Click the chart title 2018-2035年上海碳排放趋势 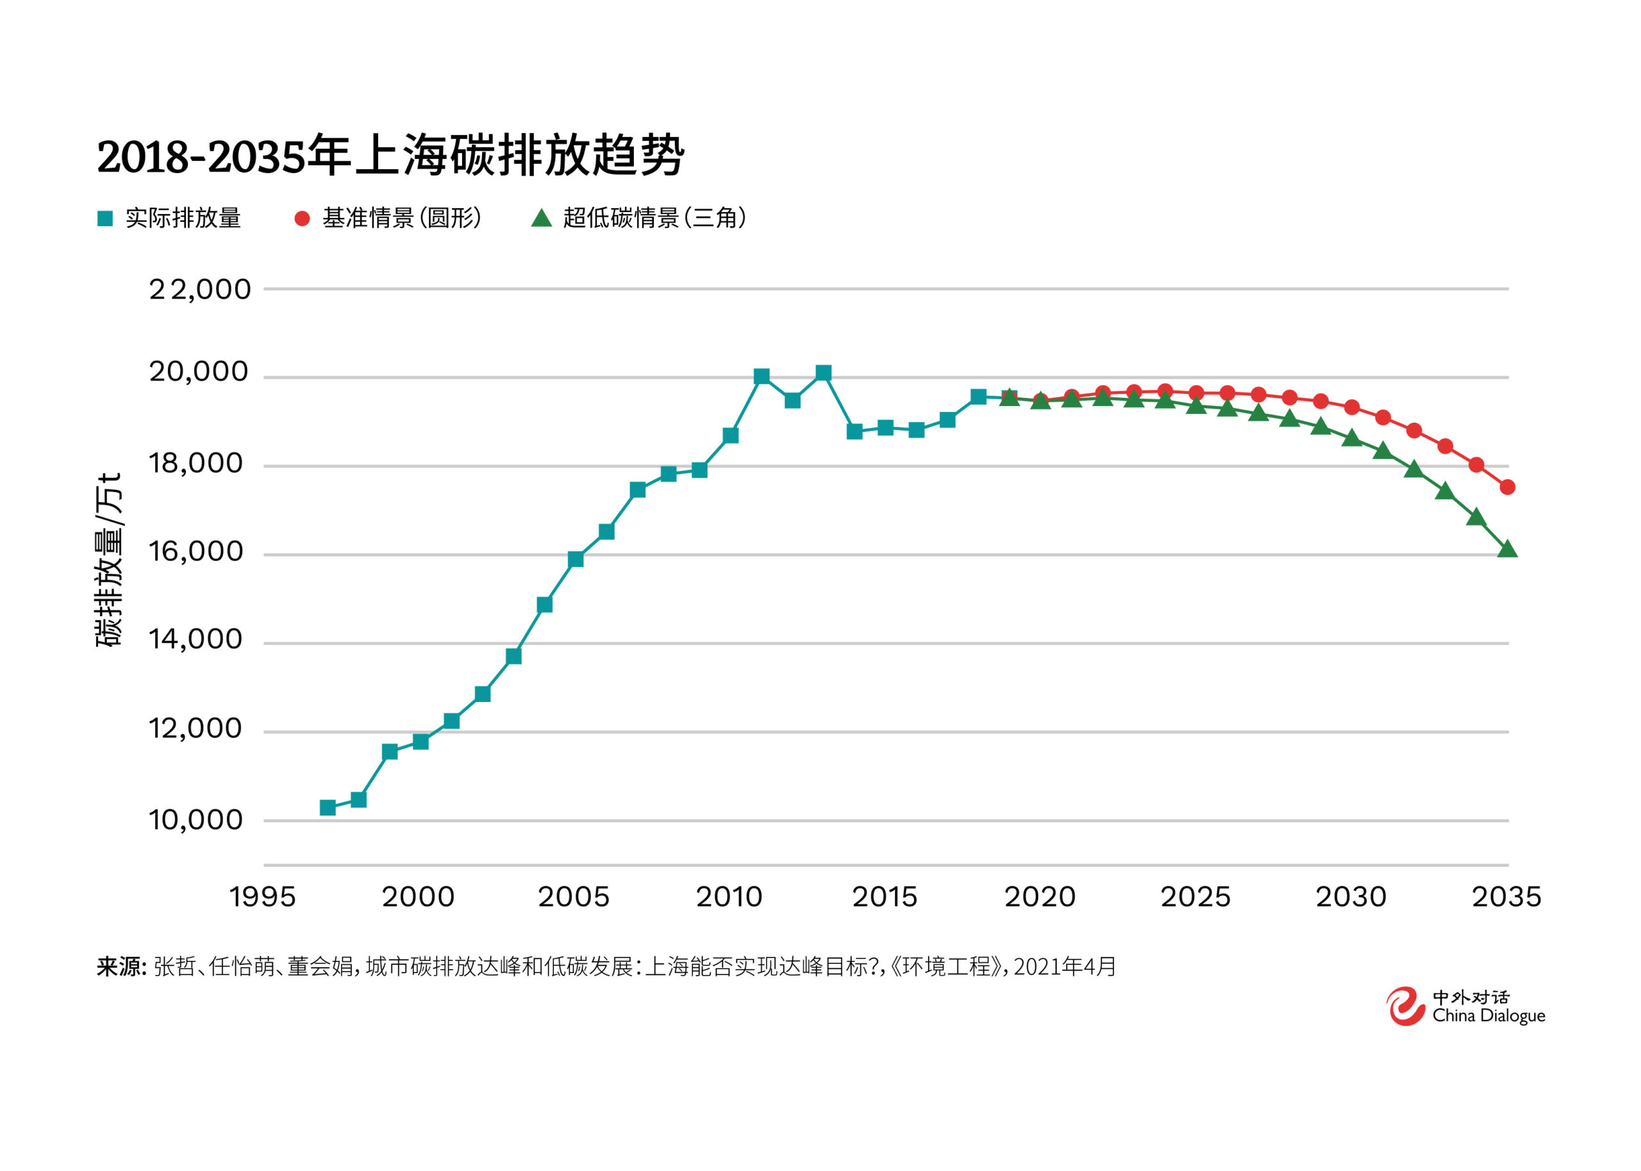click(390, 156)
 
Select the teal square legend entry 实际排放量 click(169, 218)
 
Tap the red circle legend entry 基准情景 click(387, 218)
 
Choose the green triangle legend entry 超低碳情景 click(638, 218)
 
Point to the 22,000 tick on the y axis click(200, 290)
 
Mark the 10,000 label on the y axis click(196, 820)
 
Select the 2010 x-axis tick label click(729, 897)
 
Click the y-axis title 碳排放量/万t click(110, 561)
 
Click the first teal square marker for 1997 click(328, 808)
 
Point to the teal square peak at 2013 click(823, 373)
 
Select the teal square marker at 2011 click(761, 377)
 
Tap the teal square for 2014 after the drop click(854, 431)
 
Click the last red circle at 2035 click(1507, 487)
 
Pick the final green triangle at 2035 click(1507, 550)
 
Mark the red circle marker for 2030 click(1352, 407)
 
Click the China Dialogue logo click(1464, 1006)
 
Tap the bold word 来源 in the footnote click(121, 966)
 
